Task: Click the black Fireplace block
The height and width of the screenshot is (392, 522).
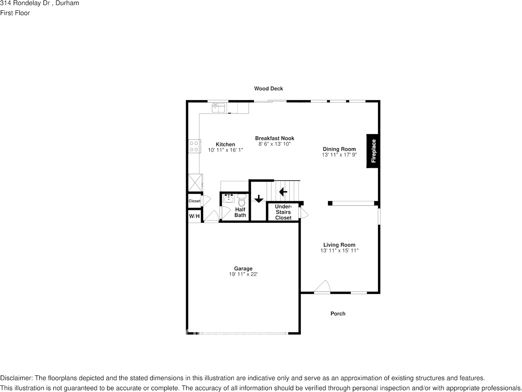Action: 373,151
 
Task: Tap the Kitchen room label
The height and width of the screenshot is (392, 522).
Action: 225,144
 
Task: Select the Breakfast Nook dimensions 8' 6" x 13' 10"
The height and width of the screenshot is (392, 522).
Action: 275,144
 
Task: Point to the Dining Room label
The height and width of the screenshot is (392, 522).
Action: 339,149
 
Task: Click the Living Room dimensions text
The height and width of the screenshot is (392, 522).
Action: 339,250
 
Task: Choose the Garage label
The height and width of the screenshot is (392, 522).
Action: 243,269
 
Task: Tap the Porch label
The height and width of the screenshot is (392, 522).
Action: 338,314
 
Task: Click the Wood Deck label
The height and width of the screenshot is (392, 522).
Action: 268,89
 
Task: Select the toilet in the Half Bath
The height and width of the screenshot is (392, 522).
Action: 242,200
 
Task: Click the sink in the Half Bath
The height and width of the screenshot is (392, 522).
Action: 228,198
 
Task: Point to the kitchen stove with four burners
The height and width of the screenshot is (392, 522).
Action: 194,146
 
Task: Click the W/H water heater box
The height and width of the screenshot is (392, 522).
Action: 194,216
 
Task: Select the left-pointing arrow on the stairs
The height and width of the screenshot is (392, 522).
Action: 283,192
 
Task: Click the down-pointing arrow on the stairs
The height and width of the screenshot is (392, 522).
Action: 259,199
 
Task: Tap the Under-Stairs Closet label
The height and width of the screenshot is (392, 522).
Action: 283,212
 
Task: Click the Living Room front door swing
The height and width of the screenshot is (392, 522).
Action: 323,286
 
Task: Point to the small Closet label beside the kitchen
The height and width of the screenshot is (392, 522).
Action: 194,201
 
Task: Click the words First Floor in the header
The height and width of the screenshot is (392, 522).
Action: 15,13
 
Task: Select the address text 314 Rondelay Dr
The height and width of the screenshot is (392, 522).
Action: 25,3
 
